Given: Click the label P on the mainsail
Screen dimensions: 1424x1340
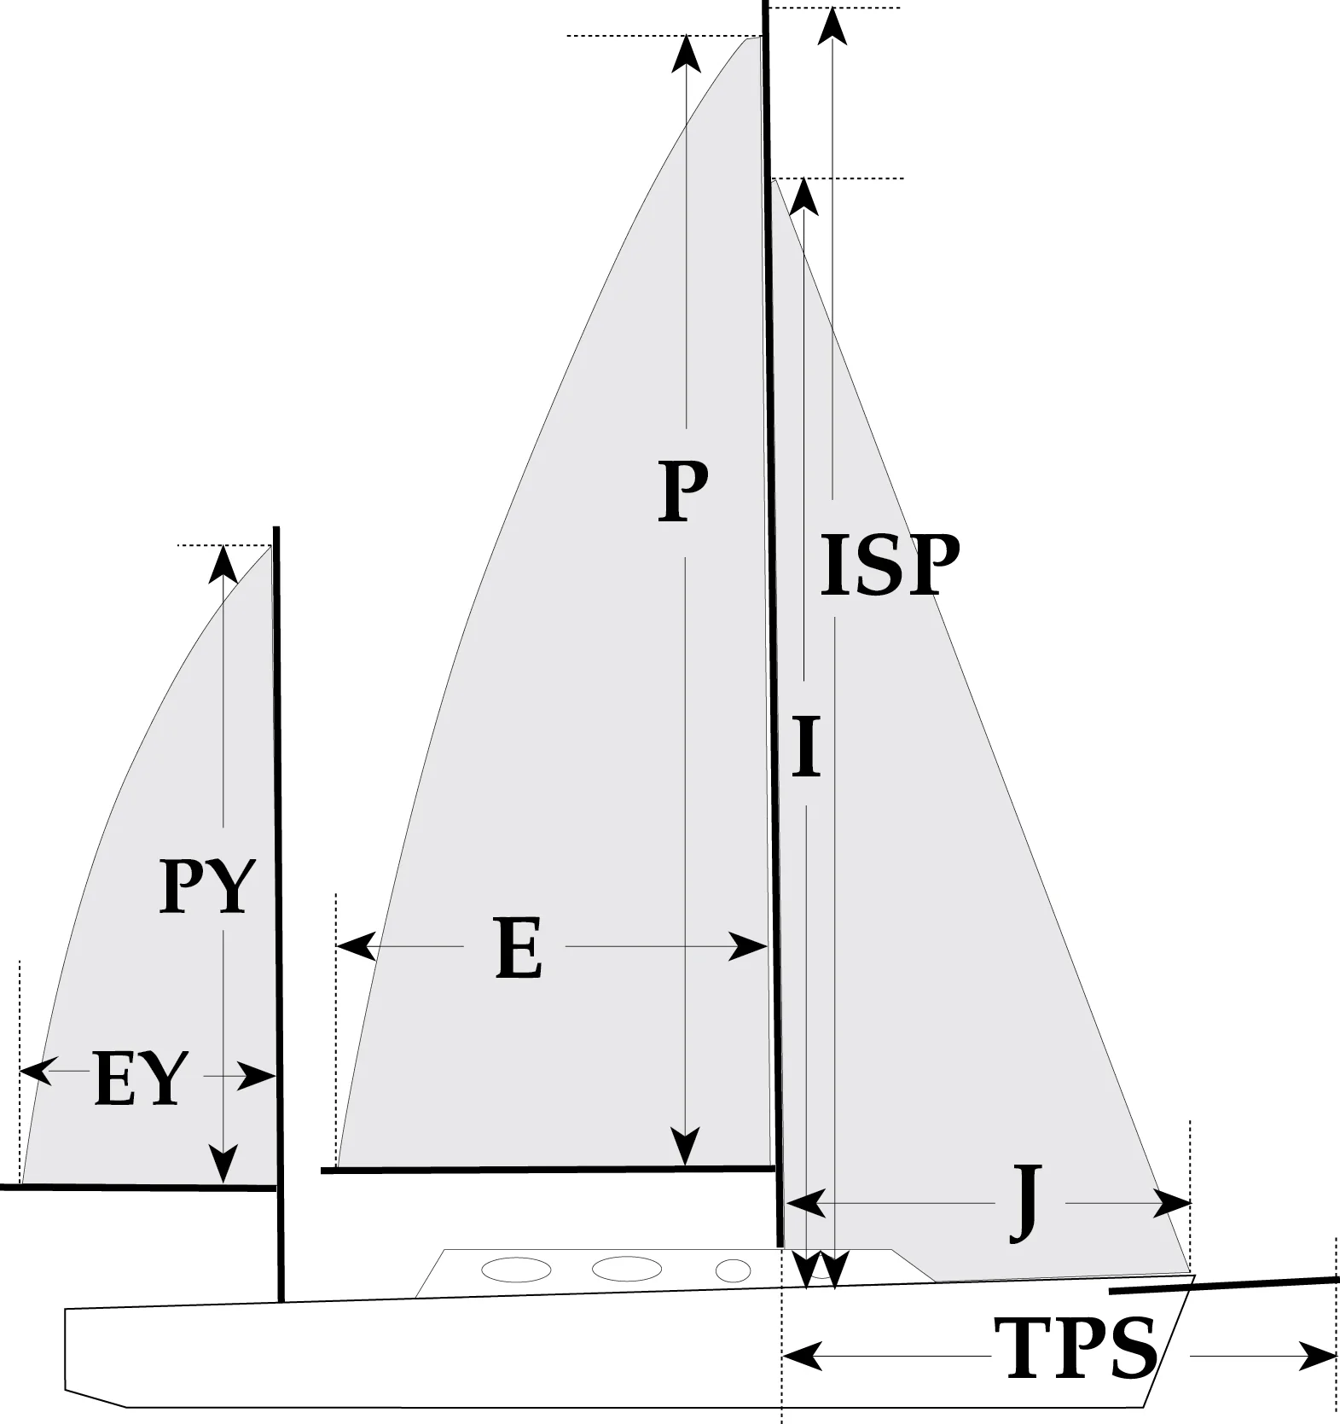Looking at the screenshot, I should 683,492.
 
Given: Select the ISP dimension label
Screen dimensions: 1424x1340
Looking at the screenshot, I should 890,565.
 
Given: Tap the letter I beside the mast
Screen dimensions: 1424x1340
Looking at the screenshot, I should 806,748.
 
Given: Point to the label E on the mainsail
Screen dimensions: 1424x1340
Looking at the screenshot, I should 518,949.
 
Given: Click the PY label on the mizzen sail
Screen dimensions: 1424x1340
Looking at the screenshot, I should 207,887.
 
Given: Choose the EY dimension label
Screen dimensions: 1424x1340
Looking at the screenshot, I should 140,1078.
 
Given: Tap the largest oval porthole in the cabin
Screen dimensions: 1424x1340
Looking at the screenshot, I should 627,1269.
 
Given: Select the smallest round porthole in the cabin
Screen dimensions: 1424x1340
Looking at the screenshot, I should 733,1271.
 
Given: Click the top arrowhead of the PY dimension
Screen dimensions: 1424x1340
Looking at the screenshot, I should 223,562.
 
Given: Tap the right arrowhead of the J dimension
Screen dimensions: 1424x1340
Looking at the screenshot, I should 1174,1204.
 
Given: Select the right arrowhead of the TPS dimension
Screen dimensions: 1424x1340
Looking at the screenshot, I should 1319,1356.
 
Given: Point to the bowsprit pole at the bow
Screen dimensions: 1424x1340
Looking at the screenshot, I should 1224,1283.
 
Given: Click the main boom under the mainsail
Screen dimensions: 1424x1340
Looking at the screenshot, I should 546,1169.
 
